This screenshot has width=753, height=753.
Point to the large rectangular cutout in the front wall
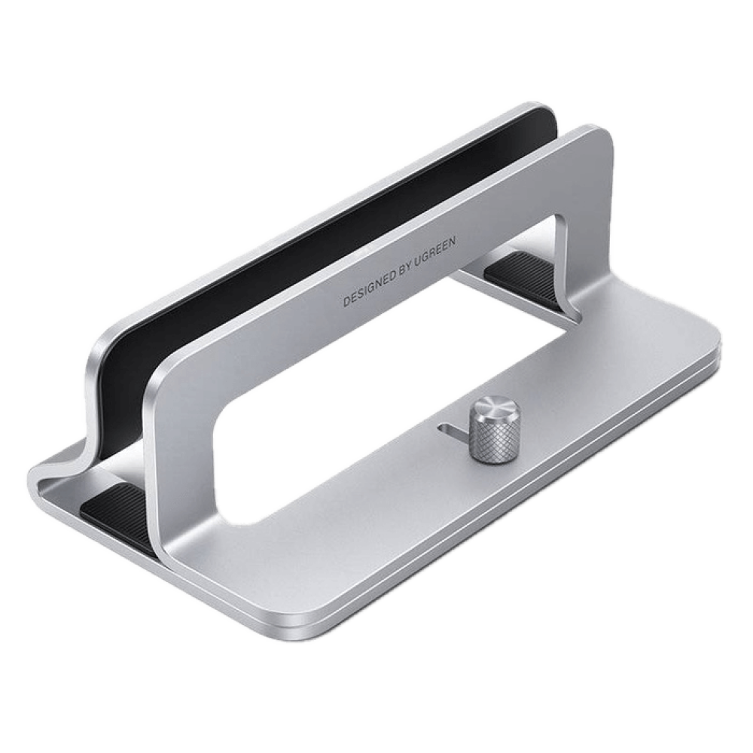click(384, 384)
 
